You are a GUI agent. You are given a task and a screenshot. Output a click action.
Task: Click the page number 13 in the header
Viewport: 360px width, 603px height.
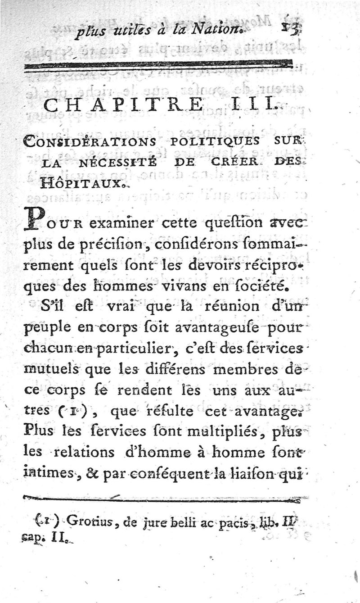(287, 32)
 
